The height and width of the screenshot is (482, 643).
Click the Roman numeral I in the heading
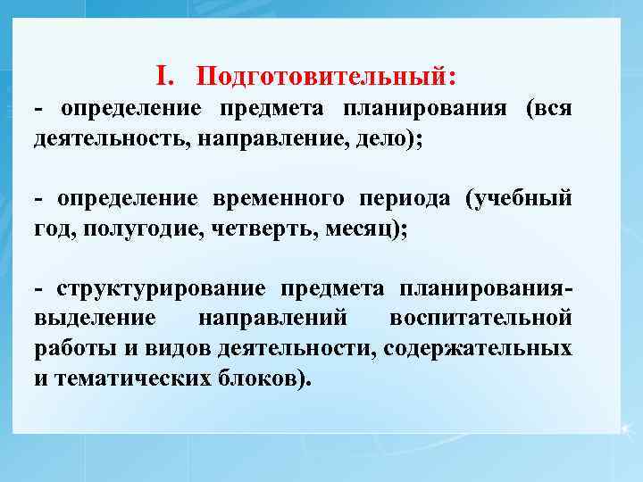[161, 77]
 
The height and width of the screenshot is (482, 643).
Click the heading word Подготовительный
[322, 78]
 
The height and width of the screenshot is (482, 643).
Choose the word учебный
[522, 198]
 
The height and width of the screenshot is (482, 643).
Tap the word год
[54, 229]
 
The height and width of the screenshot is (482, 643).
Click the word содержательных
[477, 347]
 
